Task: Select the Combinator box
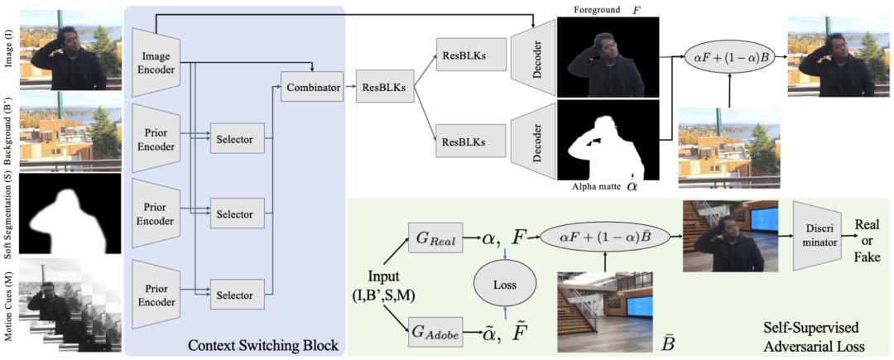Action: (x=312, y=88)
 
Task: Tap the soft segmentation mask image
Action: (x=70, y=214)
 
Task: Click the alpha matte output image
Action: (x=608, y=140)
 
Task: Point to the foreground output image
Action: (x=608, y=57)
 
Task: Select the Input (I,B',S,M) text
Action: (x=377, y=286)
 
